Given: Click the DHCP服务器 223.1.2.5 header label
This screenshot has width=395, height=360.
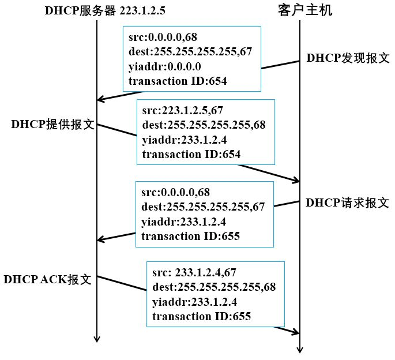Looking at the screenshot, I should click(x=101, y=10).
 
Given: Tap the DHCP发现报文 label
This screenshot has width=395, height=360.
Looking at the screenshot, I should click(x=348, y=58).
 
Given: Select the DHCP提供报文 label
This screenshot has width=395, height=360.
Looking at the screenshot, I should click(x=52, y=125).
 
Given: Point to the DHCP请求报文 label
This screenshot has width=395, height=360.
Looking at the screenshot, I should click(x=347, y=202).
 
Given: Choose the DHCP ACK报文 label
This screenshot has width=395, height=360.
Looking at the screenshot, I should click(x=48, y=280).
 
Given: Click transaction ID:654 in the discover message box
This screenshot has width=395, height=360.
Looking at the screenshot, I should click(x=178, y=81).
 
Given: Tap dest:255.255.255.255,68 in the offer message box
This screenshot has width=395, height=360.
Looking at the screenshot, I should click(x=204, y=125).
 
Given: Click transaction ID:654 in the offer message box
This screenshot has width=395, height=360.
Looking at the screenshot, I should click(x=191, y=154).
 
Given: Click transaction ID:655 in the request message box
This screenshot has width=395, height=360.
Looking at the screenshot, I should click(x=190, y=235).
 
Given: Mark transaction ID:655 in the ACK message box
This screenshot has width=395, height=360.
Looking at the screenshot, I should click(x=202, y=316).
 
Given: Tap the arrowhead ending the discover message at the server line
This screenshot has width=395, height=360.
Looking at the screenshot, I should click(x=100, y=100).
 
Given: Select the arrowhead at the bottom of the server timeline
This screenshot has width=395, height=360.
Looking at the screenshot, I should click(x=97, y=339).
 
